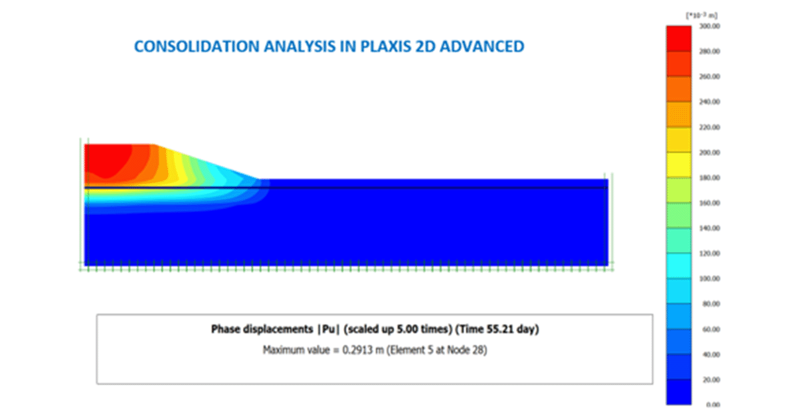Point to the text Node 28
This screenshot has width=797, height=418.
470,350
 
